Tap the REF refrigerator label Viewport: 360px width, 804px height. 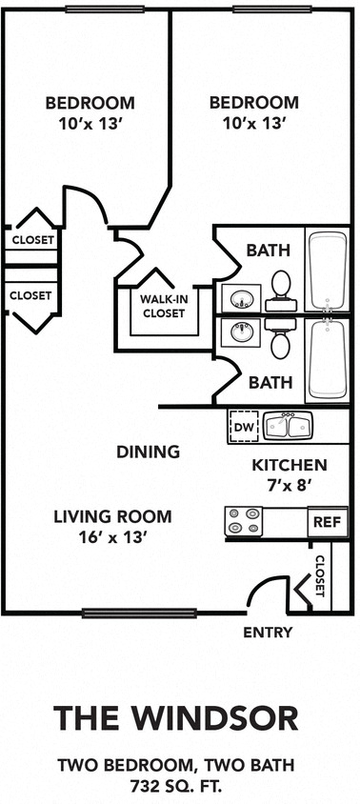(323, 522)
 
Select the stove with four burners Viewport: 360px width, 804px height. (243, 521)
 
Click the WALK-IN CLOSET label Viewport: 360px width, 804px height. (163, 306)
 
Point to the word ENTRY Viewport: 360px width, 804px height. (268, 633)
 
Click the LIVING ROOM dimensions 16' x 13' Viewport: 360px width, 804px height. (112, 537)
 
